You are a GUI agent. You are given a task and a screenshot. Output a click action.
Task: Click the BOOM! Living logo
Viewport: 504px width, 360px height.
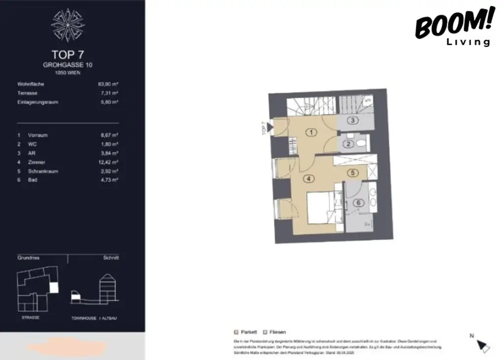click(453, 28)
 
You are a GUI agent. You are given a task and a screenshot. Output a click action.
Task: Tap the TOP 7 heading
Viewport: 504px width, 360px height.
click(68, 54)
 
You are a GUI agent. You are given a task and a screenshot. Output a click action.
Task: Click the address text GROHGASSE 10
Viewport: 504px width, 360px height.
click(68, 65)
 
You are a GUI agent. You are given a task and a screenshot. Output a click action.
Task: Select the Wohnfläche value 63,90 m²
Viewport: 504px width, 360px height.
click(108, 84)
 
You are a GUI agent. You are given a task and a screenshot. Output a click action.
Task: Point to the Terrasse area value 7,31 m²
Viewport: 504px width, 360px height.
click(109, 93)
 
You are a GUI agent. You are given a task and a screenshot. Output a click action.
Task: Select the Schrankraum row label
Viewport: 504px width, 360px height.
click(43, 171)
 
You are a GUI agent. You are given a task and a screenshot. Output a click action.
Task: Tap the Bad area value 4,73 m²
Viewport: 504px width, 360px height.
click(109, 180)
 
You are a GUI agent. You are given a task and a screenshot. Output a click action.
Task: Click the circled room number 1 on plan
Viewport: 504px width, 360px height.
click(310, 132)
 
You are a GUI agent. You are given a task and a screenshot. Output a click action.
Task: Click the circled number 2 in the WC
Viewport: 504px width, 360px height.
click(348, 144)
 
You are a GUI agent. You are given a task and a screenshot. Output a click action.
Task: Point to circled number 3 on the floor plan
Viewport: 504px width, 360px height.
click(354, 121)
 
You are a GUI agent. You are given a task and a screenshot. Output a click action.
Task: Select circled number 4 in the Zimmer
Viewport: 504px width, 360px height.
click(309, 179)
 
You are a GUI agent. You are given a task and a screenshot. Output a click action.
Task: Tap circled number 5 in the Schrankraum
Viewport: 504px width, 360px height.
click(352, 173)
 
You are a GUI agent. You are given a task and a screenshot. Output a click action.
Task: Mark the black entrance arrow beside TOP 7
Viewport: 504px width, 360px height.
click(269, 127)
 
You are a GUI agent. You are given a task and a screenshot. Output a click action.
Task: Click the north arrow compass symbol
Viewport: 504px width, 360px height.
click(483, 345)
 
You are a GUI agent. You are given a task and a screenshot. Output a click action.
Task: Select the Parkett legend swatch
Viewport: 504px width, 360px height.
click(236, 332)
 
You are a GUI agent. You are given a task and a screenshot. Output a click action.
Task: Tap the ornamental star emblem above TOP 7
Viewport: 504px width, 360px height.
click(68, 25)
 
